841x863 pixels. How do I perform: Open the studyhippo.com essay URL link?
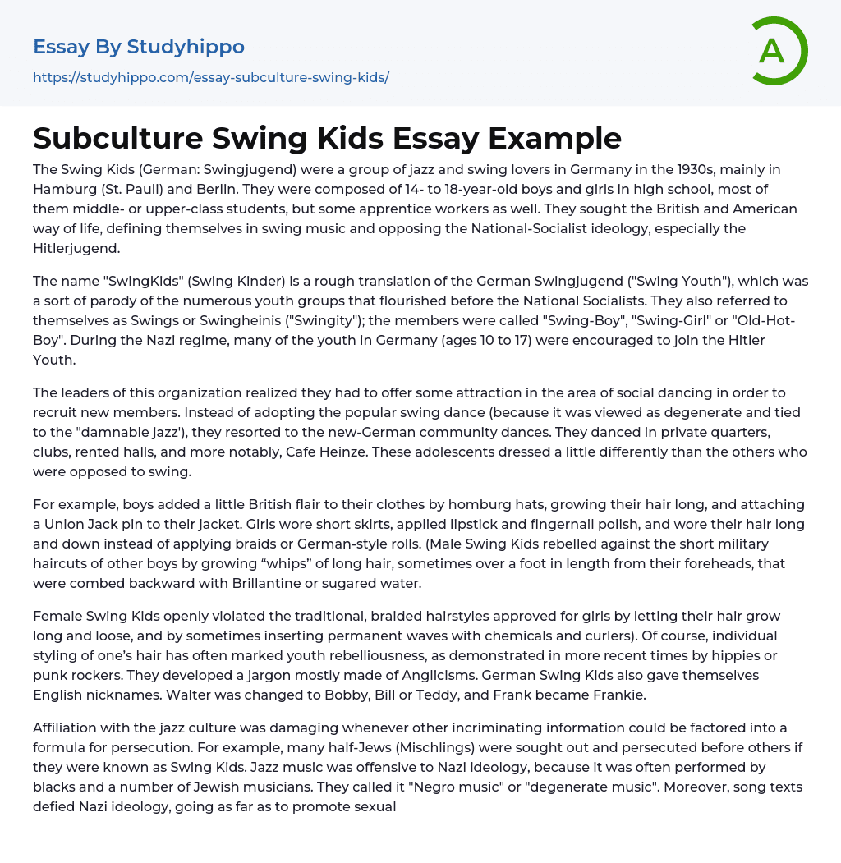(211, 78)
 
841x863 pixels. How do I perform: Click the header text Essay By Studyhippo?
(139, 47)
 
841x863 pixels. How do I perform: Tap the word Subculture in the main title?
(117, 138)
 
